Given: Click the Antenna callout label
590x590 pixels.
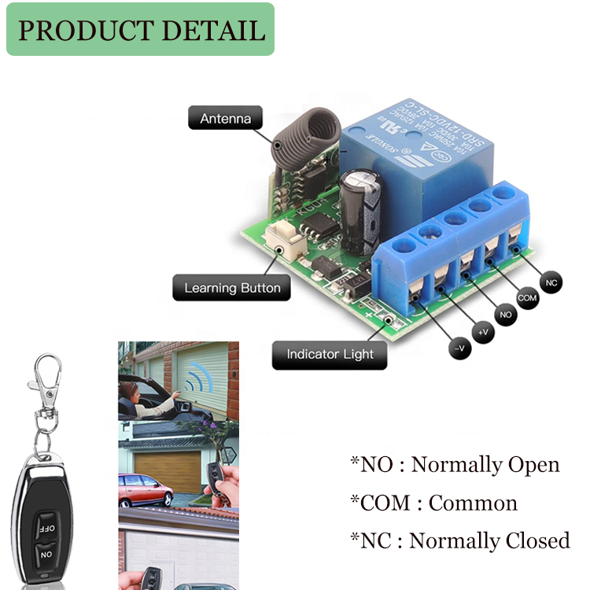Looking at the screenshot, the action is [x=225, y=119].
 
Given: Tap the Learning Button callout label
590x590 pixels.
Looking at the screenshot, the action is [x=232, y=288].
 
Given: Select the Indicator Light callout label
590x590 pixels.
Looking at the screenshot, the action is [x=330, y=355].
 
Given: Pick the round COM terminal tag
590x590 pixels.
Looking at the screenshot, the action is [x=528, y=298].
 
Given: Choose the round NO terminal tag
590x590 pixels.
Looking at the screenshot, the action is [x=506, y=315].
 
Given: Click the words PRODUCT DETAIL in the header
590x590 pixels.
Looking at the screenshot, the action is [x=141, y=30].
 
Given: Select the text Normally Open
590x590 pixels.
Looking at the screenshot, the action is [x=485, y=464].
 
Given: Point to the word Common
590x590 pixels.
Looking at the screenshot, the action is [x=473, y=503].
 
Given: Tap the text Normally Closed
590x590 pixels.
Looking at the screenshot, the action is [x=489, y=540].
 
